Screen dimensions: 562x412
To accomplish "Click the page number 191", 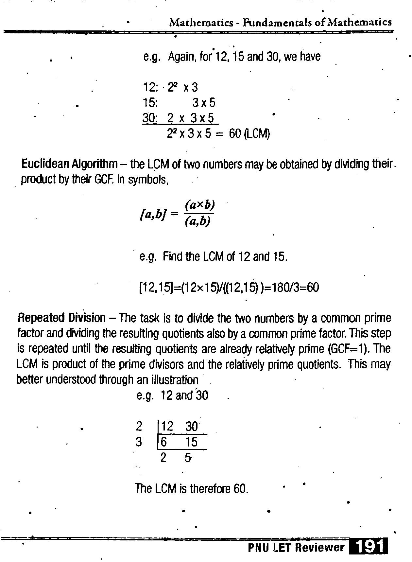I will coord(368,547).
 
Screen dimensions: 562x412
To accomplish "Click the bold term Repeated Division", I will coord(61,318).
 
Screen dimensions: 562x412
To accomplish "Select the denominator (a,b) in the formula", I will coord(197,221).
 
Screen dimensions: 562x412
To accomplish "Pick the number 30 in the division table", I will coord(192,427).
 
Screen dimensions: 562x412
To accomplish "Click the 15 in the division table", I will coord(191,442).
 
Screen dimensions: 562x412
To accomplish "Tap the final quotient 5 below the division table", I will coord(188,458).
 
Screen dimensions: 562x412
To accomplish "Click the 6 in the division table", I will coord(164,442).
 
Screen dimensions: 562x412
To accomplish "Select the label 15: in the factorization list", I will coord(150,103).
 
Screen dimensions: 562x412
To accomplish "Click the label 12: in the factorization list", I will coord(150,87).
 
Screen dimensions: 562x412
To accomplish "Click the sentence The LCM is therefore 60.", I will coord(192,489).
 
